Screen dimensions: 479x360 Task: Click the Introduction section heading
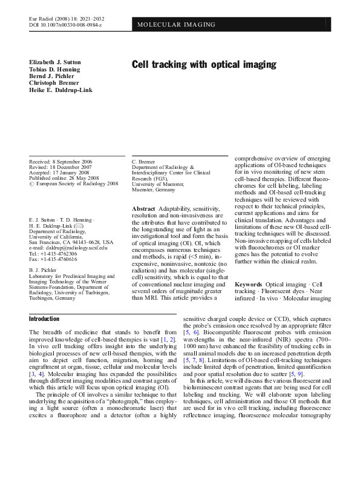tap(44, 319)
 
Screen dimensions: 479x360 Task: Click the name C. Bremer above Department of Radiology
tap(145, 162)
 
